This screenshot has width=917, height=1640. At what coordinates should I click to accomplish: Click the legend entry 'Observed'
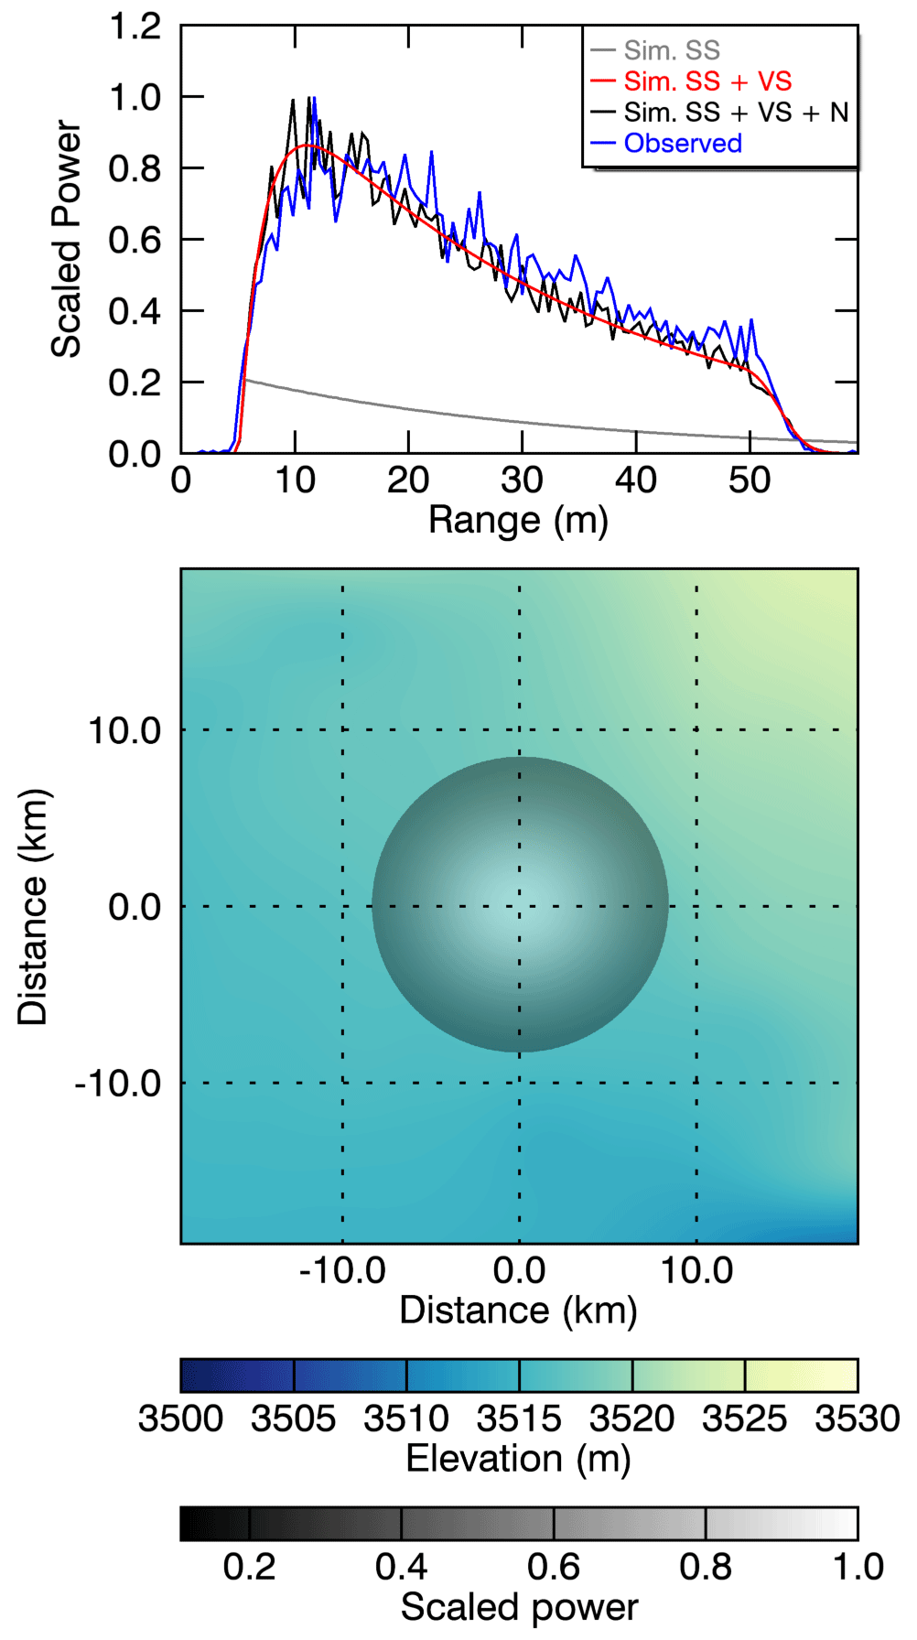pyautogui.click(x=682, y=144)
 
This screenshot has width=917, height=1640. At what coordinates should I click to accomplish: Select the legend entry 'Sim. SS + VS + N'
pyautogui.click(x=736, y=113)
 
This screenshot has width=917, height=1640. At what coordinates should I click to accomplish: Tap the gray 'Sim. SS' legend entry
pyautogui.click(x=672, y=50)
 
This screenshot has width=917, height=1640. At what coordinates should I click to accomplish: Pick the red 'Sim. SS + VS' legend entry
pyautogui.click(x=707, y=81)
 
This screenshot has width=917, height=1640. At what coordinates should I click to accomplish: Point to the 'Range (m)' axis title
pyautogui.click(x=518, y=520)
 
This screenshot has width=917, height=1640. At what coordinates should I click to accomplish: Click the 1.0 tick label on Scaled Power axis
pyautogui.click(x=135, y=97)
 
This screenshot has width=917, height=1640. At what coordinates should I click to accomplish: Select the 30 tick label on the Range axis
pyautogui.click(x=522, y=480)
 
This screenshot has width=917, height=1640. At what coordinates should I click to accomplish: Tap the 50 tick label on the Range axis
pyautogui.click(x=750, y=480)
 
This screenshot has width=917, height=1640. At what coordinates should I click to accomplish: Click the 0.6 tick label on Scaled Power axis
pyautogui.click(x=135, y=240)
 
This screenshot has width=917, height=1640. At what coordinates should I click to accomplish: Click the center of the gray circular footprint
pyautogui.click(x=520, y=905)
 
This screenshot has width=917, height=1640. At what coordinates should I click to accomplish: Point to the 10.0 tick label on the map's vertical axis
pyautogui.click(x=124, y=731)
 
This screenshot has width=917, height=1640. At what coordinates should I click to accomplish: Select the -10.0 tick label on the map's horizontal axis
pyautogui.click(x=342, y=1270)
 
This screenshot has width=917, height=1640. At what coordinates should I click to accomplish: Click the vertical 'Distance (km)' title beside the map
pyautogui.click(x=33, y=906)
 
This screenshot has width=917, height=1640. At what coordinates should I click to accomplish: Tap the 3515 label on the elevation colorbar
pyautogui.click(x=519, y=1419)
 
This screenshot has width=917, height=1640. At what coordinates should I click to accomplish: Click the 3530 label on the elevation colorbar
pyautogui.click(x=858, y=1419)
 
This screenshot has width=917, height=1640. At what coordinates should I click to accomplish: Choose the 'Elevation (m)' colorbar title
pyautogui.click(x=518, y=1458)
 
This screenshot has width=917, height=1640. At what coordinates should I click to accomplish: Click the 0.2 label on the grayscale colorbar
pyautogui.click(x=249, y=1567)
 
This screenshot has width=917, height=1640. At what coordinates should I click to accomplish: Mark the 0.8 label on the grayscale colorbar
pyautogui.click(x=706, y=1567)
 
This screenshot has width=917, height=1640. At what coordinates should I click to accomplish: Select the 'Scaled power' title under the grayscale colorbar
pyautogui.click(x=519, y=1607)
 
